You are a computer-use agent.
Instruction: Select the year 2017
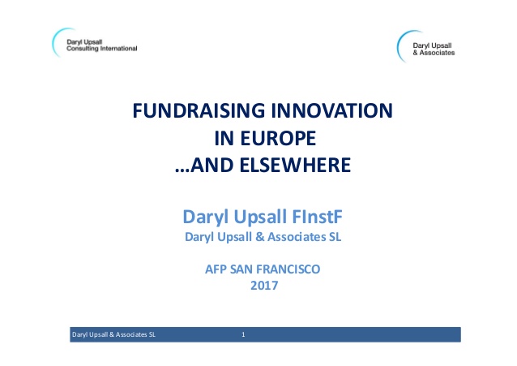point(263,286)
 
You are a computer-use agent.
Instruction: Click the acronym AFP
point(216,269)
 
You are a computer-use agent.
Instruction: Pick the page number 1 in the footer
point(243,334)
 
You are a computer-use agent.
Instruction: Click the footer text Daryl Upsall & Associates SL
point(114,334)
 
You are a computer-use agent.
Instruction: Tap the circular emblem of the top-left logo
point(58,41)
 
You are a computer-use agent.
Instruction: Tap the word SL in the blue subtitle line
point(344,238)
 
